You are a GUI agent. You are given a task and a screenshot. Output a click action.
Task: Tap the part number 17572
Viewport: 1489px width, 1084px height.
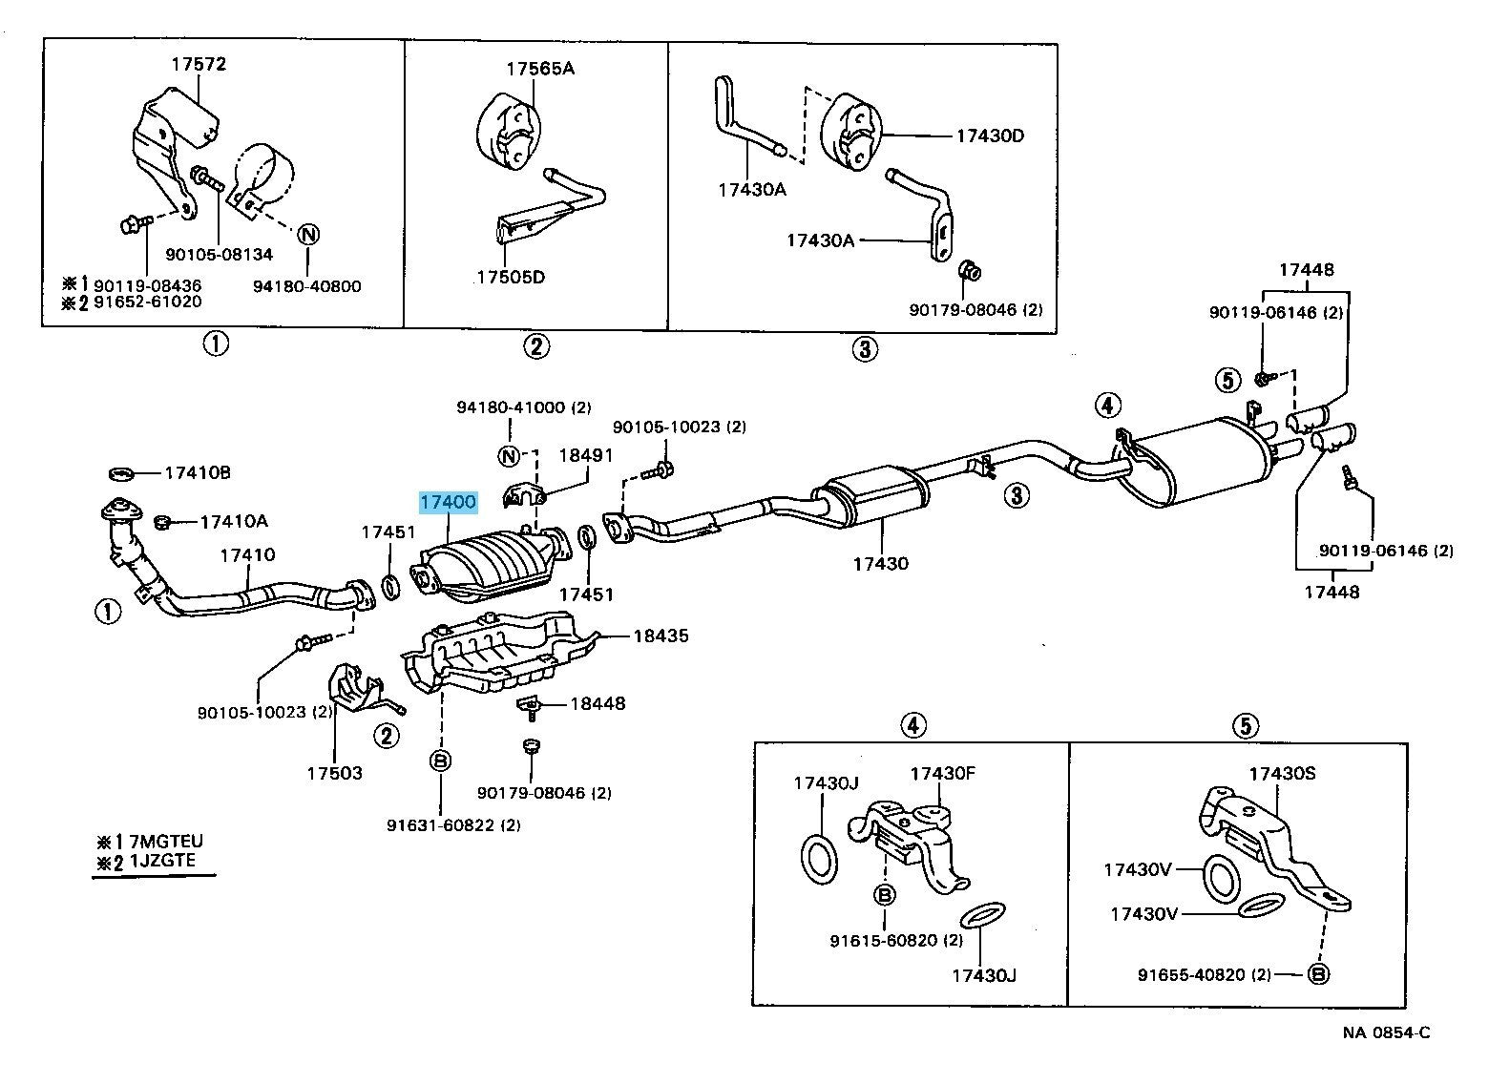pos(199,65)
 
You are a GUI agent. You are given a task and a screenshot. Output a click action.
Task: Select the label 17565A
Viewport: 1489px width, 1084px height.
pos(540,69)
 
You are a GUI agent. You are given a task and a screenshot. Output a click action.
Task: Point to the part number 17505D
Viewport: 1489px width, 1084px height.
pos(511,278)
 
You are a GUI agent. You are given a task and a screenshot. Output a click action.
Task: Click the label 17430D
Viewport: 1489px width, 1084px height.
pos(990,136)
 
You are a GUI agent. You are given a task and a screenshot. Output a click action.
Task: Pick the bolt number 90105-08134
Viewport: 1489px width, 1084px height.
pos(219,255)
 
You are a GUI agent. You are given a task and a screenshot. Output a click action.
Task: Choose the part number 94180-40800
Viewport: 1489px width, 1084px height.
pos(307,285)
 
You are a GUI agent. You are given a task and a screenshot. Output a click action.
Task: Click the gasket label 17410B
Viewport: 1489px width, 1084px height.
pos(198,472)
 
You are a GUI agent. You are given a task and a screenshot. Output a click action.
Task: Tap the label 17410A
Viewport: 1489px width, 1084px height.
pos(233,521)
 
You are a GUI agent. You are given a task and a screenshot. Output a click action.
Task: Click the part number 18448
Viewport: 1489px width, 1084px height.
pos(598,704)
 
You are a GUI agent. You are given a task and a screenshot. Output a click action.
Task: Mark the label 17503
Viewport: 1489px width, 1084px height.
pos(334,772)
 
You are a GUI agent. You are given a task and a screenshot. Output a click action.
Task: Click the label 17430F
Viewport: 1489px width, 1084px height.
pos(942,773)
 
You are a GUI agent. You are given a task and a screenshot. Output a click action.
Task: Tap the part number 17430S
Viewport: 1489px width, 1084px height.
pos(1282,773)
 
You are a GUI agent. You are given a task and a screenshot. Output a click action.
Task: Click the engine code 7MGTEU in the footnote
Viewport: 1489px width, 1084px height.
pos(164,842)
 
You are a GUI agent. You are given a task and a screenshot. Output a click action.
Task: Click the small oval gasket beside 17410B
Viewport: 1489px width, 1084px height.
pos(122,472)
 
